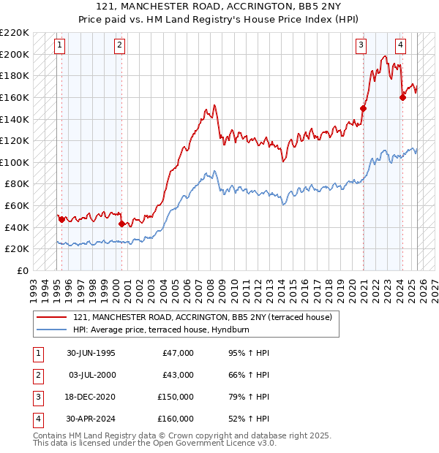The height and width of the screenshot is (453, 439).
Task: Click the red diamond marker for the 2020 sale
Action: (x=363, y=108)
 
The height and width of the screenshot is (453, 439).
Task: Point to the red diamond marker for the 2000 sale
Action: (x=121, y=224)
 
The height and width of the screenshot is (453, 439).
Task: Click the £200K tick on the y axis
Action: (x=15, y=54)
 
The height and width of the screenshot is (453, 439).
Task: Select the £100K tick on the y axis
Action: (x=15, y=162)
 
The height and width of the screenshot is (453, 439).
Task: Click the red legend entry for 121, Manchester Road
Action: (x=203, y=317)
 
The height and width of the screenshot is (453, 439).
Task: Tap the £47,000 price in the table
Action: (x=178, y=353)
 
